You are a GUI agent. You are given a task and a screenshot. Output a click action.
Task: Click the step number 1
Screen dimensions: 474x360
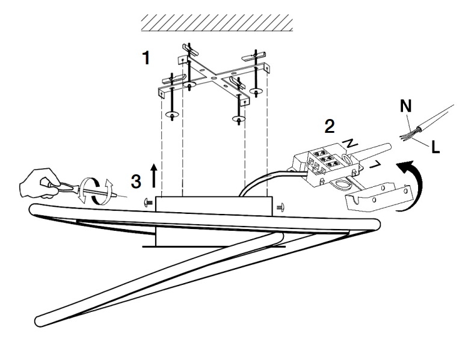146,58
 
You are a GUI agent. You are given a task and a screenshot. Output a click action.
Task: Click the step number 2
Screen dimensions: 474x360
330,127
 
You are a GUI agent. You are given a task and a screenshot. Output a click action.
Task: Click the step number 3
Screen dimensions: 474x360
136,182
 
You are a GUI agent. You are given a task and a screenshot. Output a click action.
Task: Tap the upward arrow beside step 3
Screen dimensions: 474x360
154,175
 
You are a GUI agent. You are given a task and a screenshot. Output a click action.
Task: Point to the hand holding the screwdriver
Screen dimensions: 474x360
39,183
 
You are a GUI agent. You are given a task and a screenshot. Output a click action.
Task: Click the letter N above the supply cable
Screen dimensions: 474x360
406,106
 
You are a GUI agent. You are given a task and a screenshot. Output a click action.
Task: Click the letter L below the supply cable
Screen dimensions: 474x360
436,147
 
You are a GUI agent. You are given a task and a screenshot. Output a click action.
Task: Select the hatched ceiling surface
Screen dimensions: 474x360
217,23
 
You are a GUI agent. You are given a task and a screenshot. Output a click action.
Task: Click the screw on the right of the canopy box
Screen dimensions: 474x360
280,207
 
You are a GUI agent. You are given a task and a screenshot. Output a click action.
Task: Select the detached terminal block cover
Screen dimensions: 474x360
378,197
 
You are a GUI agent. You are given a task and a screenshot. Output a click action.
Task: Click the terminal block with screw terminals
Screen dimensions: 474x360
326,165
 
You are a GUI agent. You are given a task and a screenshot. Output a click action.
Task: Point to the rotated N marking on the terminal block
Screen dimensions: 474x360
351,143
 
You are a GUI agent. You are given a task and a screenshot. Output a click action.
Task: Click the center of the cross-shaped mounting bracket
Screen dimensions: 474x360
214,78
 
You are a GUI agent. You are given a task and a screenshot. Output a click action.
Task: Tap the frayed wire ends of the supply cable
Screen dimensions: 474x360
407,136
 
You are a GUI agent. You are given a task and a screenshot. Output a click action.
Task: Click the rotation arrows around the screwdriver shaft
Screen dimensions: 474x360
95,192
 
